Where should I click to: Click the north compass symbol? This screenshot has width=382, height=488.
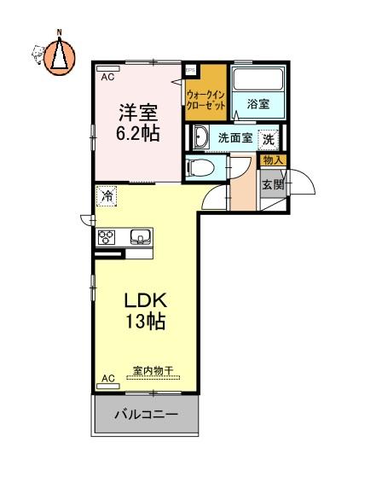point(59,56)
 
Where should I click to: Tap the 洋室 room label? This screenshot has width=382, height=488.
point(138,113)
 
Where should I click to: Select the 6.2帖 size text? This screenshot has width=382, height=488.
point(138,133)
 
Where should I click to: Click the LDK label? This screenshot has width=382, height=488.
point(146,300)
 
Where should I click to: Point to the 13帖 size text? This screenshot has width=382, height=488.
point(145,321)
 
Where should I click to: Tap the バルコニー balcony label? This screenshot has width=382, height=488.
point(146,415)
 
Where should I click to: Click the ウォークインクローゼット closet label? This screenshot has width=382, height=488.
point(205,100)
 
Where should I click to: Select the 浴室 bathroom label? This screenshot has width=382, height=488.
point(258,104)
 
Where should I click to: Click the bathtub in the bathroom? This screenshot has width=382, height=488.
point(259,79)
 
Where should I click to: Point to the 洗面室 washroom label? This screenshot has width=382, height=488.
point(234,137)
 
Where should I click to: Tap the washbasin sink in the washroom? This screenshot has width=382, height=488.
point(200,137)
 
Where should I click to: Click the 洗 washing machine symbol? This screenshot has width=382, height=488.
point(269,139)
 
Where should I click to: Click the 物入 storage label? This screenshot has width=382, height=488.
point(273,160)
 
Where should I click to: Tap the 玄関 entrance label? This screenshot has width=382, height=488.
point(273,184)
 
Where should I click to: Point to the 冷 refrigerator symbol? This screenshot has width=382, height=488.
point(107,196)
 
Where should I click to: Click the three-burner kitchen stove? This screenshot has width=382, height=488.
point(107,237)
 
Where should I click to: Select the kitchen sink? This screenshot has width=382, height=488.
point(142,237)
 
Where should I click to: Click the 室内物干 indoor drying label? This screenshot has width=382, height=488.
point(153,370)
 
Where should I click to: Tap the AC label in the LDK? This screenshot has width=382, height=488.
point(108,379)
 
